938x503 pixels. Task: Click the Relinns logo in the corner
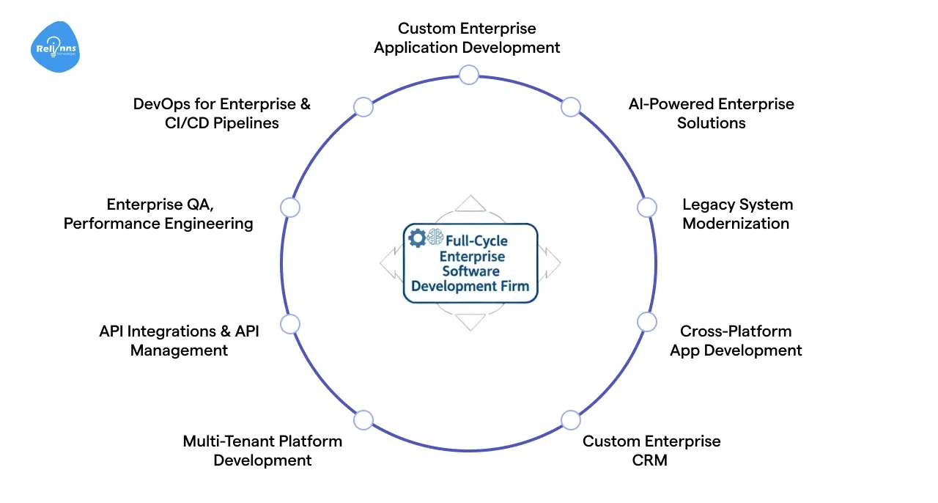(56, 48)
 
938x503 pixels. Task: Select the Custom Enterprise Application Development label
(467, 38)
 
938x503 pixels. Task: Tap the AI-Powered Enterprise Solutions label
(711, 114)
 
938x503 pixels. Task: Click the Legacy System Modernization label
(736, 214)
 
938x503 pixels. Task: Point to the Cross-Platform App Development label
(736, 341)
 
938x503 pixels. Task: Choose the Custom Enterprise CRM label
(651, 451)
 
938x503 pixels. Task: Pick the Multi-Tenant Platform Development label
(262, 451)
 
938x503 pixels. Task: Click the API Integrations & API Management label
(179, 341)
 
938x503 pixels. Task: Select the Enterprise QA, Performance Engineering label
(158, 214)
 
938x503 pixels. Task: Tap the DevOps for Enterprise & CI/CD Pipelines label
(221, 114)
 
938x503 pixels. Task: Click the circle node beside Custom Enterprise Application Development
(468, 74)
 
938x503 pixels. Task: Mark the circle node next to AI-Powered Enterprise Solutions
(571, 106)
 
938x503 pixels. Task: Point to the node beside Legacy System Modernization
(646, 208)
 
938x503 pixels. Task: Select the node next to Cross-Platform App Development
(646, 321)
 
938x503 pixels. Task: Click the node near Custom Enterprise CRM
(571, 419)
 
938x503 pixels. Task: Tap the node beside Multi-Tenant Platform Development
(363, 419)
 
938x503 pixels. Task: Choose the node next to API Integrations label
(290, 324)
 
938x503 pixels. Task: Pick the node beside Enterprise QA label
(290, 208)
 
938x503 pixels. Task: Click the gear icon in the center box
(417, 237)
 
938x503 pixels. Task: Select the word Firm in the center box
(514, 286)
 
